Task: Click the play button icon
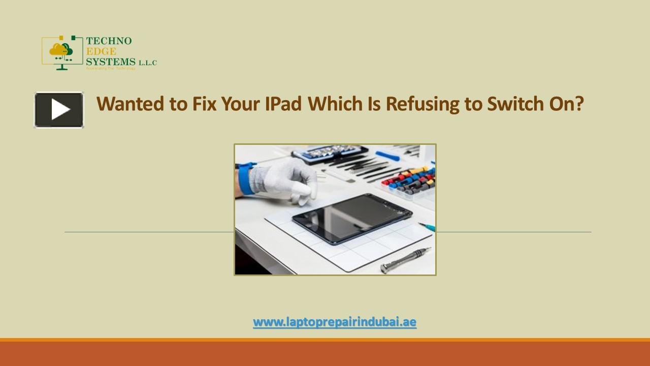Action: click(x=59, y=110)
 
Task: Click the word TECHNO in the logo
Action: click(x=109, y=41)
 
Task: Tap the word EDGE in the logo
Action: click(x=101, y=51)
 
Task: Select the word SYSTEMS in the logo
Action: click(x=111, y=62)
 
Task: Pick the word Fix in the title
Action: click(x=204, y=104)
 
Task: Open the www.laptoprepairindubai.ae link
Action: click(x=335, y=322)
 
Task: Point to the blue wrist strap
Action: click(x=246, y=178)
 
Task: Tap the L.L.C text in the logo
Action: click(x=148, y=63)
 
